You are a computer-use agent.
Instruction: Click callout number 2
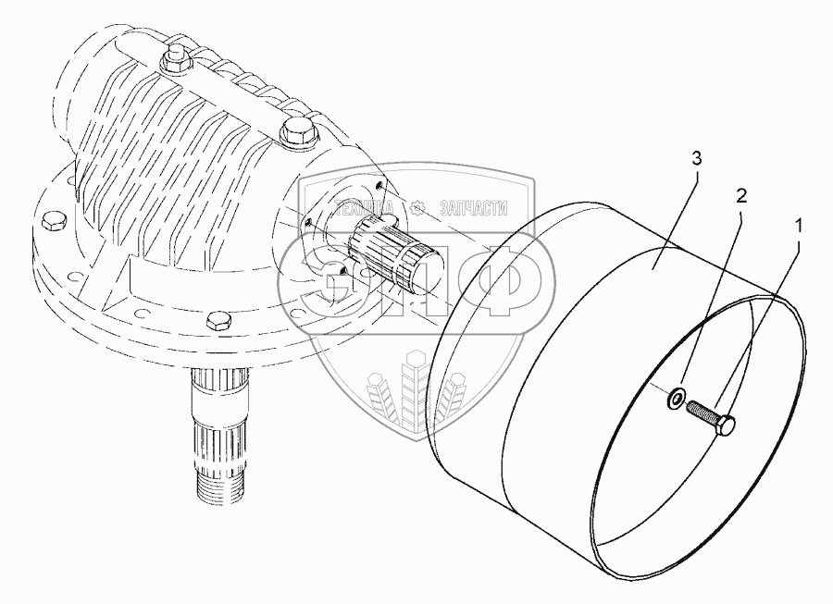pos(740,195)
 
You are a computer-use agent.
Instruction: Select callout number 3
pos(696,159)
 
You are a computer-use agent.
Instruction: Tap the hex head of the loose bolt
pos(727,425)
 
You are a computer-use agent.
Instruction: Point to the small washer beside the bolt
pos(674,400)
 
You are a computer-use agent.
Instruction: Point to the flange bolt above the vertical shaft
pos(219,321)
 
